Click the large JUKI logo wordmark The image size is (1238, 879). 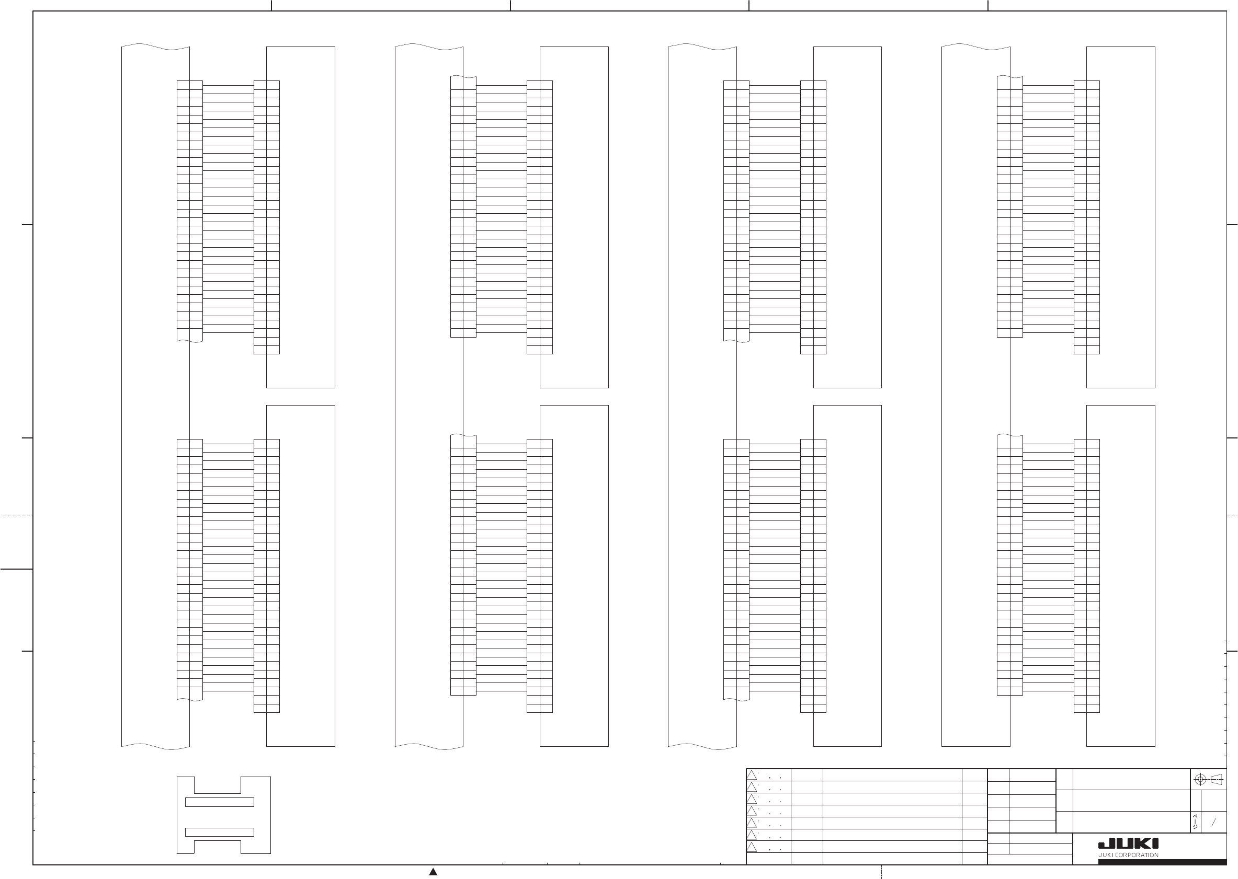click(x=1128, y=844)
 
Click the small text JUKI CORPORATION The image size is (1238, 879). click(x=1128, y=855)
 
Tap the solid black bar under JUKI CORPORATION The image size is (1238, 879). click(x=1162, y=862)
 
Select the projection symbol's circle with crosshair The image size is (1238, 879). click(x=1200, y=779)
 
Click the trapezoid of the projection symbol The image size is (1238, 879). click(x=1217, y=779)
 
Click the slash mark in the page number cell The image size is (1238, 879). click(x=1213, y=822)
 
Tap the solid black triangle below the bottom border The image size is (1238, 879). click(x=433, y=872)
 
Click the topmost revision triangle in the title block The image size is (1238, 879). click(x=752, y=775)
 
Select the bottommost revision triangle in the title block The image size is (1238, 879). click(x=752, y=847)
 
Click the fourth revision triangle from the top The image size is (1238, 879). click(x=752, y=811)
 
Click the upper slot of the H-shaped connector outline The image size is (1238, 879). click(x=219, y=802)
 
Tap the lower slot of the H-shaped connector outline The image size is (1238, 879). click(x=219, y=832)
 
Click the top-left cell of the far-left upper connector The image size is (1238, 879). click(x=183, y=85)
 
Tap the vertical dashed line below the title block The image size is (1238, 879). click(x=882, y=872)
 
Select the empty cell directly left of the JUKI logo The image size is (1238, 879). click(x=1029, y=849)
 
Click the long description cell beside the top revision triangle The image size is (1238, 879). click(x=892, y=775)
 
